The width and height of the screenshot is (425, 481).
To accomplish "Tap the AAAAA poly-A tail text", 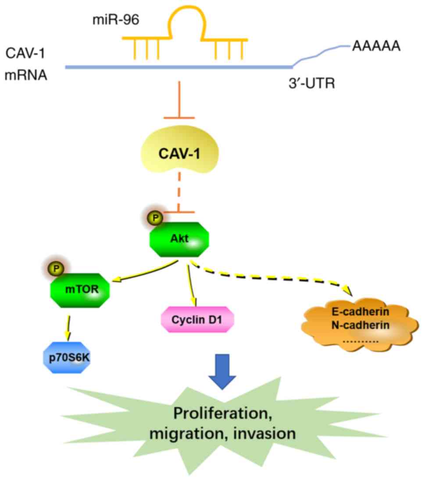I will tap(376, 46).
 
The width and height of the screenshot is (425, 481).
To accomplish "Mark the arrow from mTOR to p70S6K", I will tap(69, 325).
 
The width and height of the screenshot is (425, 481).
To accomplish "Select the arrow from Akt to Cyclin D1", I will tap(192, 282).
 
